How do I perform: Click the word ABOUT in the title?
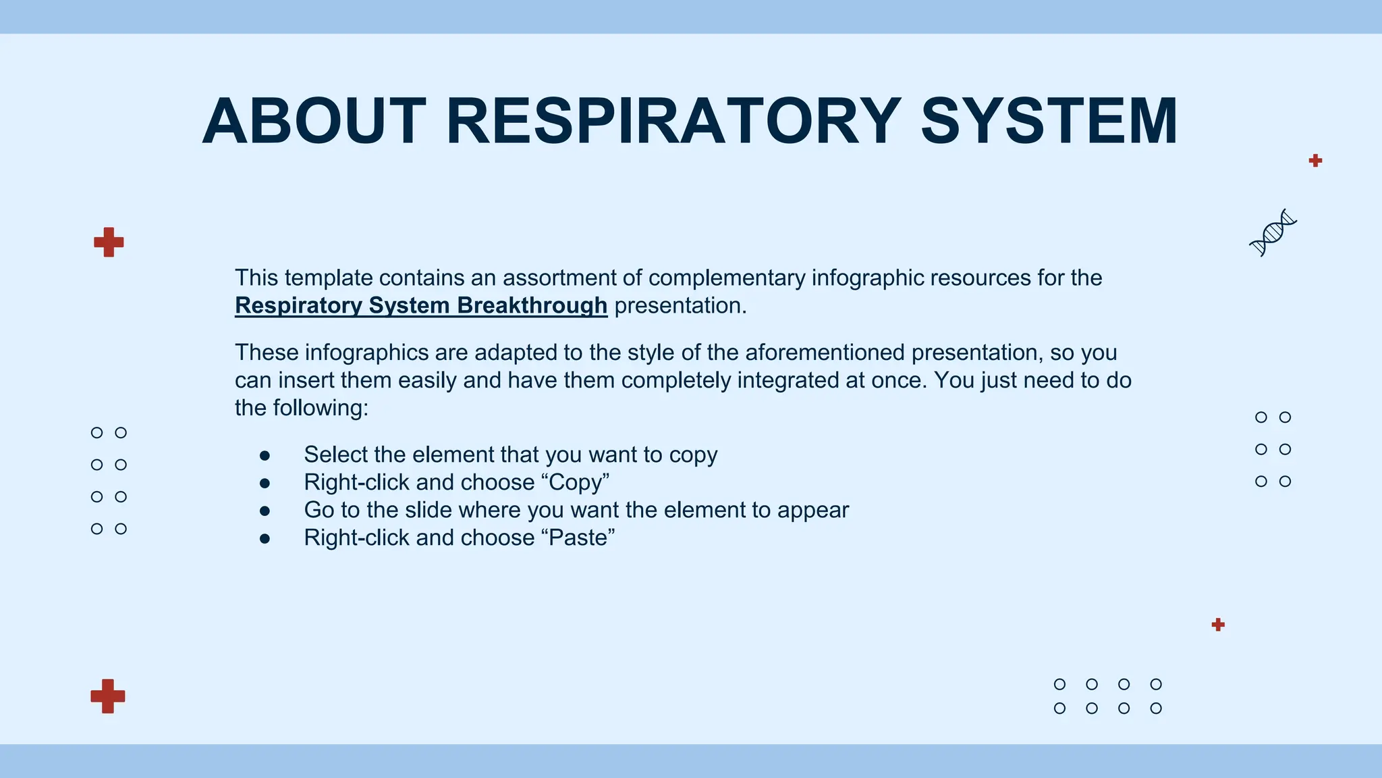(x=314, y=122)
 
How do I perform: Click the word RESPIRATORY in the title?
(x=673, y=122)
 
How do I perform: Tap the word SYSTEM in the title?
(x=1049, y=122)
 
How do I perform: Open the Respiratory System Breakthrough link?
(x=421, y=306)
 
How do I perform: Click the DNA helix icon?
(x=1273, y=232)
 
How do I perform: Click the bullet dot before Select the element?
(x=265, y=457)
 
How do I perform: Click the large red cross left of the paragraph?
(x=109, y=242)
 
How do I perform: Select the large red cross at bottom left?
(x=108, y=696)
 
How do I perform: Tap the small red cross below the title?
(x=1315, y=161)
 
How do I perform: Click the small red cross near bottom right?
(x=1218, y=625)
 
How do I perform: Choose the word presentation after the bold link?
(x=679, y=306)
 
